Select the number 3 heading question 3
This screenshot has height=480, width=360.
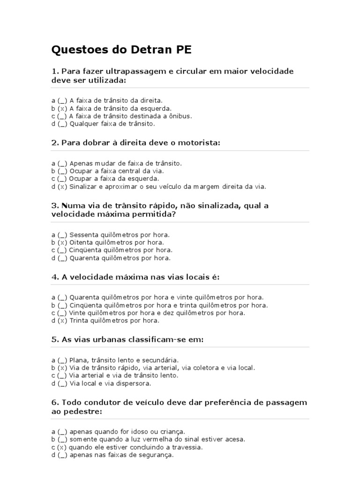pos(54,205)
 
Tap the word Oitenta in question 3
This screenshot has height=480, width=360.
pos(82,242)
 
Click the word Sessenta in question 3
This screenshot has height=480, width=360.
pos(85,234)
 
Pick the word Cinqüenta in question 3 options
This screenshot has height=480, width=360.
pos(86,250)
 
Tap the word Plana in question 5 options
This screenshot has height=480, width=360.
pos(78,360)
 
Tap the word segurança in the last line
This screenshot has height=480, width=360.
pos(157,455)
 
